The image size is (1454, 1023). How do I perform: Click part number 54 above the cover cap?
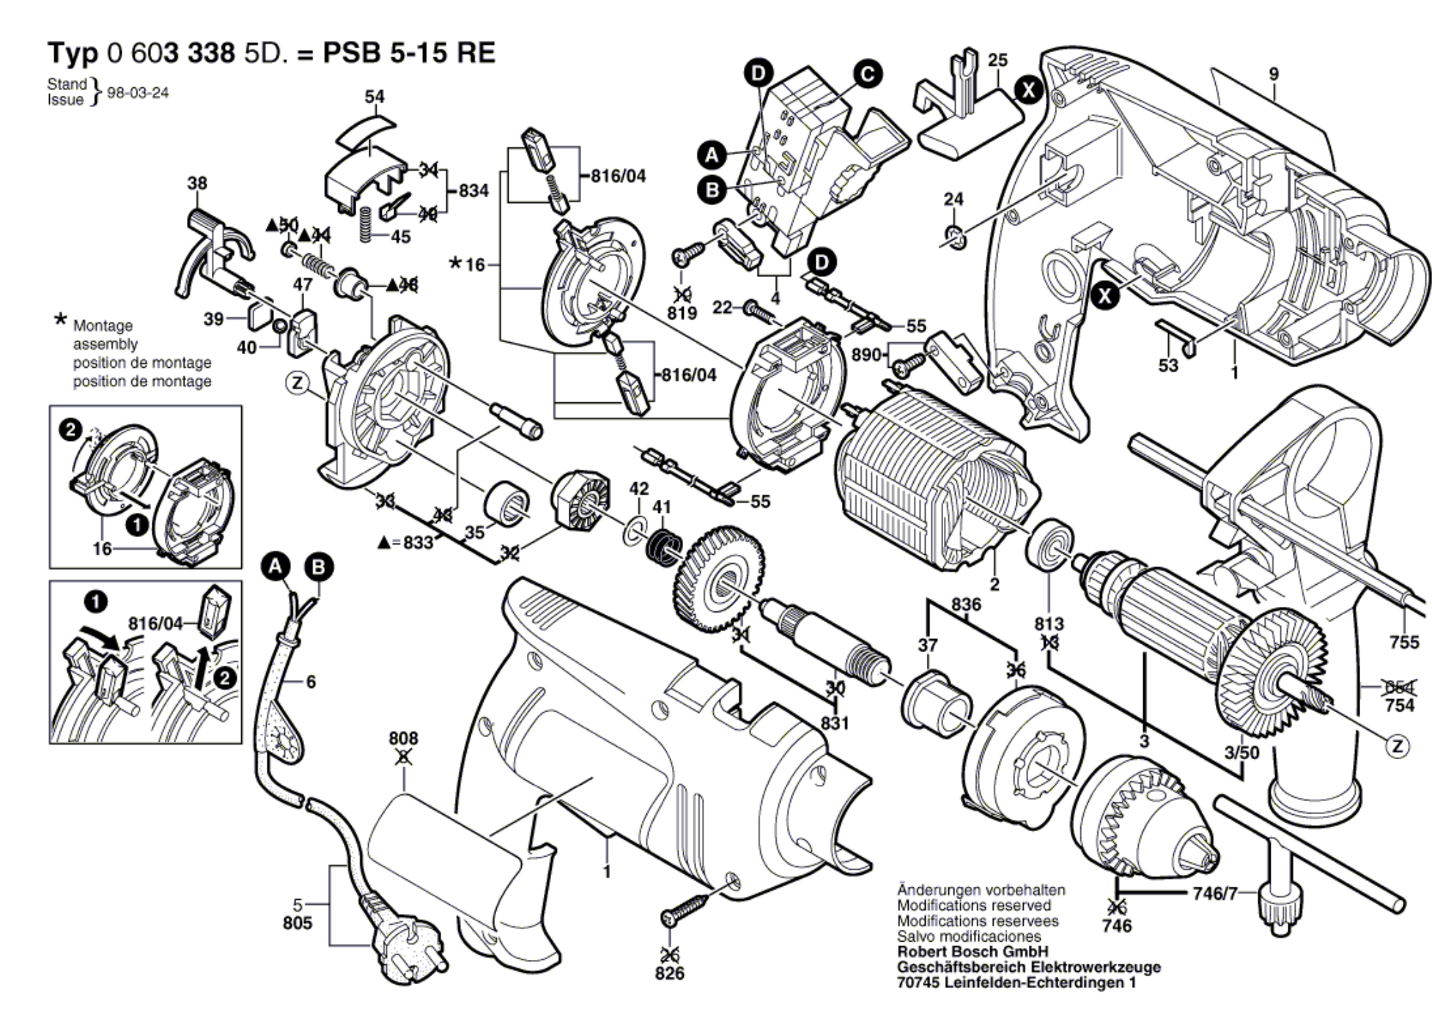pyautogui.click(x=374, y=97)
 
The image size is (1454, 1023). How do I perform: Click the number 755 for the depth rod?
pyautogui.click(x=1404, y=642)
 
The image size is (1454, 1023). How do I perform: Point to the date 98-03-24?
pyautogui.click(x=138, y=93)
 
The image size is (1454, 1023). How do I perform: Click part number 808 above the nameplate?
pyautogui.click(x=403, y=739)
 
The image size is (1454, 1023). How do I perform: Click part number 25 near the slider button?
pyautogui.click(x=997, y=60)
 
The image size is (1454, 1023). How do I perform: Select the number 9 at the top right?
pyautogui.click(x=1274, y=74)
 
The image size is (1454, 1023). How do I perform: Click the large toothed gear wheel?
pyautogui.click(x=717, y=579)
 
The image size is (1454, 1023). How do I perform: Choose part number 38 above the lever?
pyautogui.click(x=197, y=183)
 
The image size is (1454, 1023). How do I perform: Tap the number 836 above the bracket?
pyautogui.click(x=966, y=605)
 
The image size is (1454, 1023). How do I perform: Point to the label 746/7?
pyautogui.click(x=1214, y=893)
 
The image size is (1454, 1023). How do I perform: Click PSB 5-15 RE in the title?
pyautogui.click(x=409, y=53)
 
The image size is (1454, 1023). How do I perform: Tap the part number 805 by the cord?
pyautogui.click(x=298, y=923)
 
